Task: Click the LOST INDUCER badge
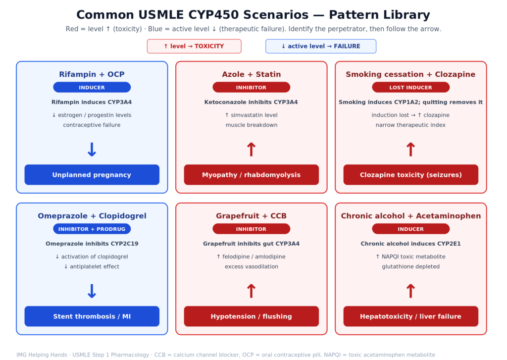tap(410, 87)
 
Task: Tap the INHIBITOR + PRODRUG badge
tap(92, 229)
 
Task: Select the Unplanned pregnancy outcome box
tap(92, 175)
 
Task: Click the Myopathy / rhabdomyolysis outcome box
tap(251, 175)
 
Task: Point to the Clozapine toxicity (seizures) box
tap(410, 175)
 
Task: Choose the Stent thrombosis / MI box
tap(92, 316)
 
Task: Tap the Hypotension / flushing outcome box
tap(251, 316)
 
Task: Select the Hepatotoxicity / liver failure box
tap(410, 316)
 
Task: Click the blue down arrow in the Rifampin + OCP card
tap(92, 150)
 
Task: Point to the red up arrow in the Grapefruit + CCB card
tap(251, 291)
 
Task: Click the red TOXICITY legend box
tap(194, 46)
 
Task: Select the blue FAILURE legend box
tap(321, 46)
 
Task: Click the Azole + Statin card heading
tap(251, 74)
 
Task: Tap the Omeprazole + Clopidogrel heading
tap(92, 216)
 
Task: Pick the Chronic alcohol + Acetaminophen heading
tap(410, 216)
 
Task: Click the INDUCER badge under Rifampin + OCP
tap(92, 87)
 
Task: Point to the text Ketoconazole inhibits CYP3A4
tap(251, 102)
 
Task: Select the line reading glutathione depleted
tap(410, 266)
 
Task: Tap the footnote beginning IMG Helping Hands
tap(226, 355)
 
